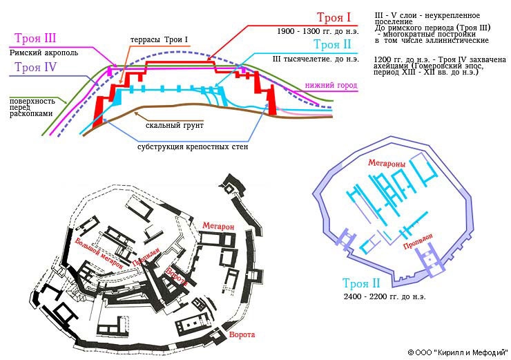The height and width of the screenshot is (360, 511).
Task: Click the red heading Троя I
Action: (x=334, y=17)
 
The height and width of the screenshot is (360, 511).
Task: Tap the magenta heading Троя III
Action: (x=35, y=38)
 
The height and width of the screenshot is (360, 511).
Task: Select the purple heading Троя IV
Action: (x=35, y=67)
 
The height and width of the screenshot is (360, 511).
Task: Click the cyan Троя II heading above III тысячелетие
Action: (x=332, y=44)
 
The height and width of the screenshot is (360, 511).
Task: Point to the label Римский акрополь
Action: (x=44, y=53)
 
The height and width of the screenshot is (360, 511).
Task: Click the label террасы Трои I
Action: (x=159, y=40)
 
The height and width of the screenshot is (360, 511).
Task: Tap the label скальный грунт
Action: (x=174, y=125)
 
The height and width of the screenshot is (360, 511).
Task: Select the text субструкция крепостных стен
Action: (x=193, y=146)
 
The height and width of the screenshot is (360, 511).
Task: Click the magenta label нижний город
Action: (x=331, y=85)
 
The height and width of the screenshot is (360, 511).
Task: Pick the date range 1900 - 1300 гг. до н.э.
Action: (x=318, y=31)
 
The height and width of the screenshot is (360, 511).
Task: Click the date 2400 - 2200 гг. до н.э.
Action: (x=385, y=296)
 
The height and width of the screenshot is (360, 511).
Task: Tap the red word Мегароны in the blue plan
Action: (x=387, y=162)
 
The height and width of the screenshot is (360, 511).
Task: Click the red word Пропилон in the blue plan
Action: (x=418, y=241)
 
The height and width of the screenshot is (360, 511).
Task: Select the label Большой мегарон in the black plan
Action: (x=99, y=254)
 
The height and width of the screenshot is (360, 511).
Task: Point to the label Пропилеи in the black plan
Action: (x=146, y=256)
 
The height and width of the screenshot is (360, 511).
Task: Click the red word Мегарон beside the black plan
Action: (x=218, y=226)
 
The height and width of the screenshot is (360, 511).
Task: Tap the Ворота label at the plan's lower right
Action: (x=242, y=334)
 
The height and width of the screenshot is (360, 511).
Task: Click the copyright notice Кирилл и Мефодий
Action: (x=458, y=352)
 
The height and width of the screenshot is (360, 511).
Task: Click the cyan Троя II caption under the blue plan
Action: (x=361, y=283)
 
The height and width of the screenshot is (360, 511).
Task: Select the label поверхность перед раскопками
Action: (x=32, y=107)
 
